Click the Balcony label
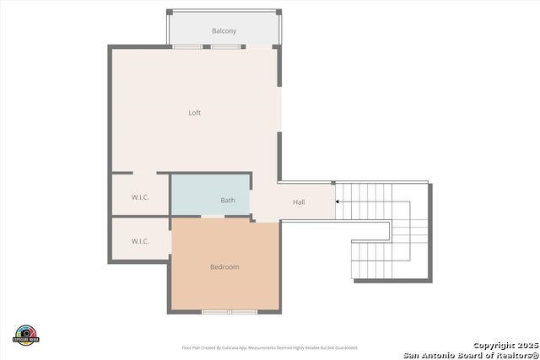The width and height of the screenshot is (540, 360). (224, 31)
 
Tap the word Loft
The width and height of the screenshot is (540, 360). (194, 113)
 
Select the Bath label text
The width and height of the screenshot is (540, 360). (228, 201)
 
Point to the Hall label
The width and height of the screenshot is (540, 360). (299, 202)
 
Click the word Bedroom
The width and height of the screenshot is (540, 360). (224, 267)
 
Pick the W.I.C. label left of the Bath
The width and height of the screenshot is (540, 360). (140, 197)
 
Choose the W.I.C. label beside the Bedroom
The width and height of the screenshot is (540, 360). (140, 241)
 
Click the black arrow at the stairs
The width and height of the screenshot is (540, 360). (339, 201)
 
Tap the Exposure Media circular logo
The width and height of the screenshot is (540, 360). (26, 334)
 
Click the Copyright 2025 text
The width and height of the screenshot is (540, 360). (505, 345)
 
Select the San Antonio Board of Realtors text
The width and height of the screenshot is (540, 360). (470, 354)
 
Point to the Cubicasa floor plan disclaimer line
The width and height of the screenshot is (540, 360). (269, 347)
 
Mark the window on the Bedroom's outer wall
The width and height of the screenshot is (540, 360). (230, 312)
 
